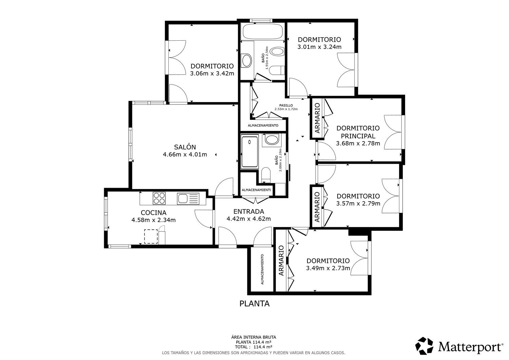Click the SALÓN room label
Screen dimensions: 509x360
click(x=185, y=147)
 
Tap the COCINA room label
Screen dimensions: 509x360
click(x=154, y=213)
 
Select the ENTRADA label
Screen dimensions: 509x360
click(x=249, y=212)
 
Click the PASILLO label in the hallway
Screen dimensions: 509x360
click(x=286, y=106)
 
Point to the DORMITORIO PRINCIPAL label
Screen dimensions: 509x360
click(x=358, y=132)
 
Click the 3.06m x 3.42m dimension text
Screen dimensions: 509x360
click(x=212, y=73)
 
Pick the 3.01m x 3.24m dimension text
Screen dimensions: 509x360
click(x=320, y=47)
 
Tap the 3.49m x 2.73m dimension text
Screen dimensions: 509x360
click(x=328, y=268)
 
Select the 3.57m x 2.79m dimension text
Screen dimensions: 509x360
click(x=358, y=203)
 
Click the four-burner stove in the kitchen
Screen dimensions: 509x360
click(x=159, y=198)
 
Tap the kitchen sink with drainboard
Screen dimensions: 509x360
click(x=188, y=198)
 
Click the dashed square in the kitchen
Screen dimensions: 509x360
click(x=151, y=236)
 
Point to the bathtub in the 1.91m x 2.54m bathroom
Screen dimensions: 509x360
click(x=263, y=32)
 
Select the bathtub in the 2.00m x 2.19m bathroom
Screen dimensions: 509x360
click(x=250, y=152)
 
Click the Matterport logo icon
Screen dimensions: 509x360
click(x=424, y=346)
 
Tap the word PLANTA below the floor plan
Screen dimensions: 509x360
click(x=254, y=304)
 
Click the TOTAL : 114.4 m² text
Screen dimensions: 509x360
click(x=253, y=347)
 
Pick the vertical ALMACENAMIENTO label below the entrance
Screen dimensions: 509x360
click(x=262, y=269)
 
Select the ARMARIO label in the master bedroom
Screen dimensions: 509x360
click(x=317, y=118)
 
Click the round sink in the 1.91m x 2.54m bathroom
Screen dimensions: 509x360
click(x=247, y=60)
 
